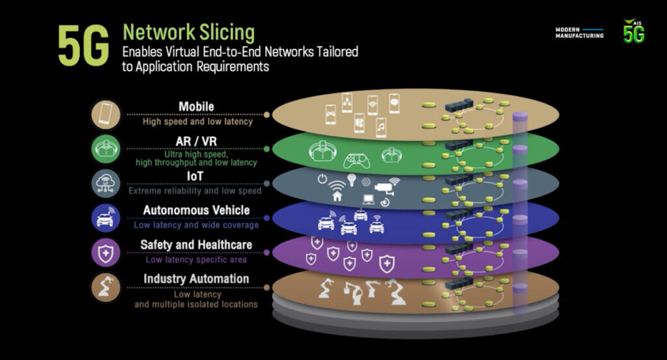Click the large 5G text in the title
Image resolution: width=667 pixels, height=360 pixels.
(x=83, y=46)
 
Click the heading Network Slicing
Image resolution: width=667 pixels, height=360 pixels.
(x=189, y=33)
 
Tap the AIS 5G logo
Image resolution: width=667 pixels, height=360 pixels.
(x=634, y=31)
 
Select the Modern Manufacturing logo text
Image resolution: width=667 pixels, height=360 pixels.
(x=579, y=33)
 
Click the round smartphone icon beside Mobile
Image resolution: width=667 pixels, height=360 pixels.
(x=106, y=115)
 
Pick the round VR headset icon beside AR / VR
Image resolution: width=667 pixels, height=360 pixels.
(x=106, y=149)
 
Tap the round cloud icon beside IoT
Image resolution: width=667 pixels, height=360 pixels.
(x=106, y=184)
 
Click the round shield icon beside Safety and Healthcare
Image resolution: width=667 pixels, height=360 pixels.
(x=106, y=253)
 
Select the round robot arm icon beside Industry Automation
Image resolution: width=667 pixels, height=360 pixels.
(x=106, y=287)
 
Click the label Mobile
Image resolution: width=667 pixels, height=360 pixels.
(x=196, y=107)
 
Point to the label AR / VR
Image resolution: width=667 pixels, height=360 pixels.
(x=196, y=142)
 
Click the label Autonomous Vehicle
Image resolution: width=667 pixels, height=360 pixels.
(x=196, y=211)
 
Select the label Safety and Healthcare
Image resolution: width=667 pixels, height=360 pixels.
(x=196, y=245)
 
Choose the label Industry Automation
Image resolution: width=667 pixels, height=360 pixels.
(x=196, y=279)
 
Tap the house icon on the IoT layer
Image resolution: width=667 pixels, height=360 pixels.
(x=337, y=195)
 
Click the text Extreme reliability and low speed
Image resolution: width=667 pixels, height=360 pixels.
(x=195, y=191)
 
